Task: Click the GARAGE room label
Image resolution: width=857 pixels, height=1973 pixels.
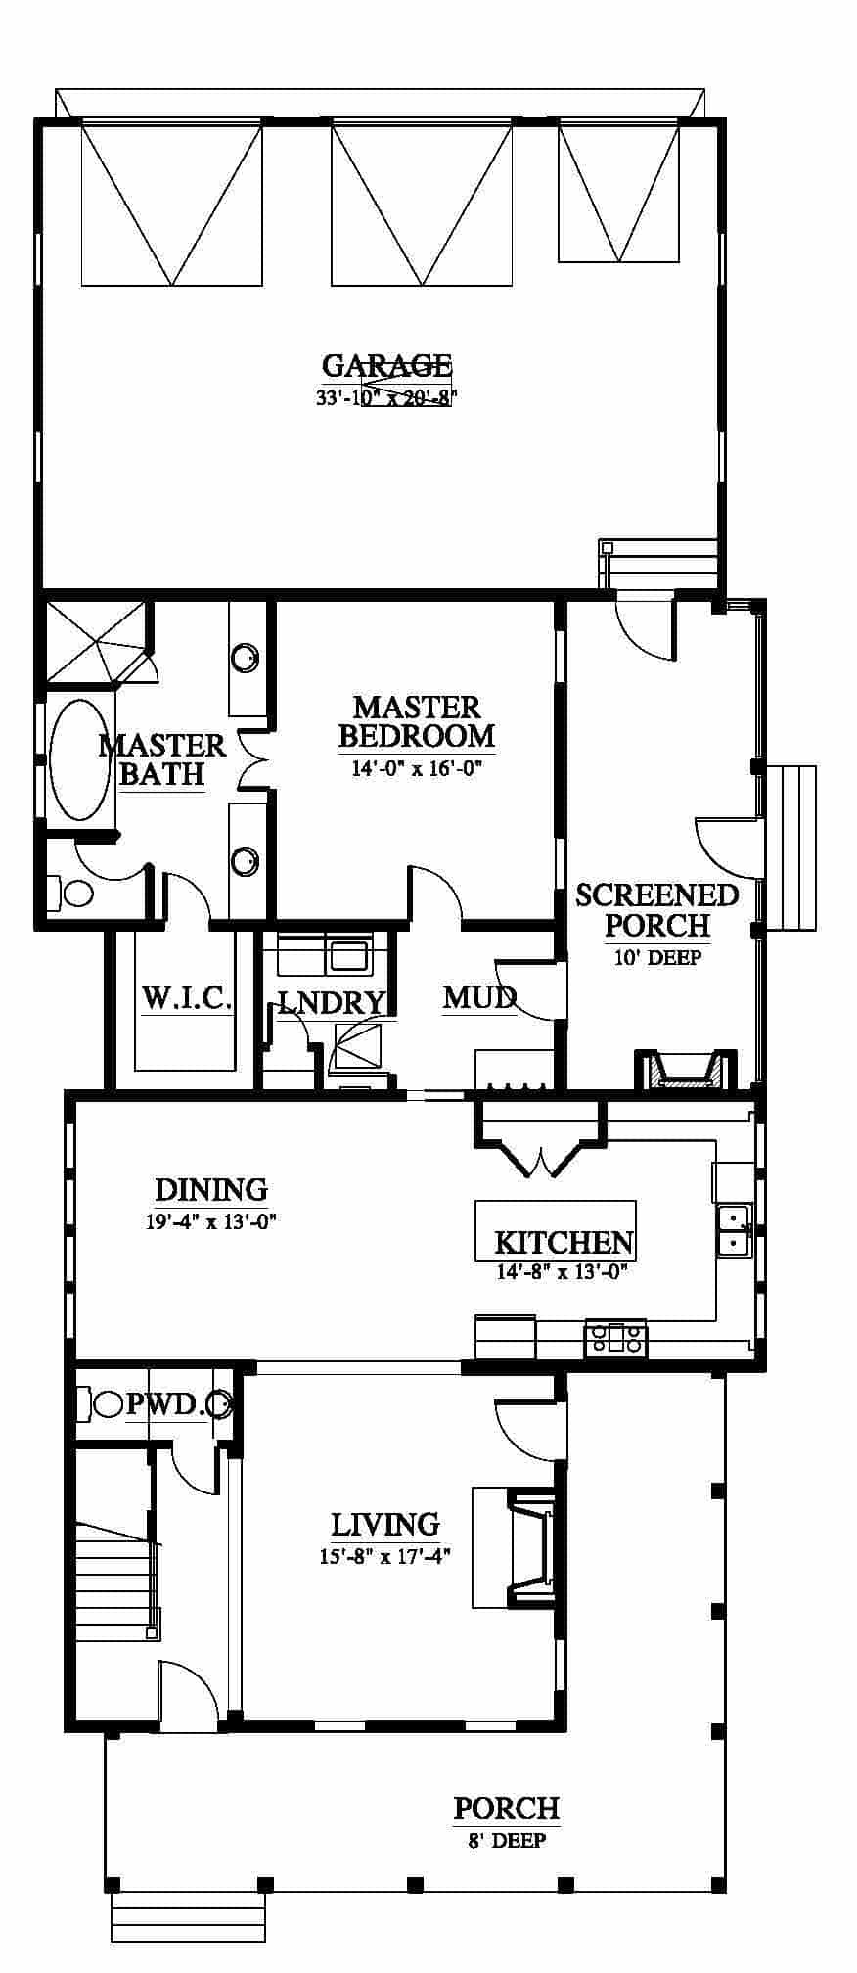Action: (x=386, y=366)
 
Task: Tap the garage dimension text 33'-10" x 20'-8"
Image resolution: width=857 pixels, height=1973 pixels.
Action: (x=386, y=398)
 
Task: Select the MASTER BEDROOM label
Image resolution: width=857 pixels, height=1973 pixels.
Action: (x=417, y=721)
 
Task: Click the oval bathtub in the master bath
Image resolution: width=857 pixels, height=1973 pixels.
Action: (x=80, y=758)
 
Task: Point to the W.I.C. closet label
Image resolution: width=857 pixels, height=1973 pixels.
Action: (x=187, y=999)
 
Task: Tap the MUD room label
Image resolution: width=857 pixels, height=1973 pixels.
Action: (x=479, y=997)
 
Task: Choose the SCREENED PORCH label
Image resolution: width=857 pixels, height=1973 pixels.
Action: (x=656, y=909)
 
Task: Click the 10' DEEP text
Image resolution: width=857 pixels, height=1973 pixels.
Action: (x=657, y=957)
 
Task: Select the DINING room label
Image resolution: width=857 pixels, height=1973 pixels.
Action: (x=211, y=1189)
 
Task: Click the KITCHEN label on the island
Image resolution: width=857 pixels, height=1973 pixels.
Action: (x=564, y=1242)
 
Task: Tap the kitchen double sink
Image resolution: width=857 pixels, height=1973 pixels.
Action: (x=733, y=1230)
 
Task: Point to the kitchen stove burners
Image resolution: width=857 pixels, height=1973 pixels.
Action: (x=615, y=1338)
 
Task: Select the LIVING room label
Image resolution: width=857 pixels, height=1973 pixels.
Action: (x=384, y=1524)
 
